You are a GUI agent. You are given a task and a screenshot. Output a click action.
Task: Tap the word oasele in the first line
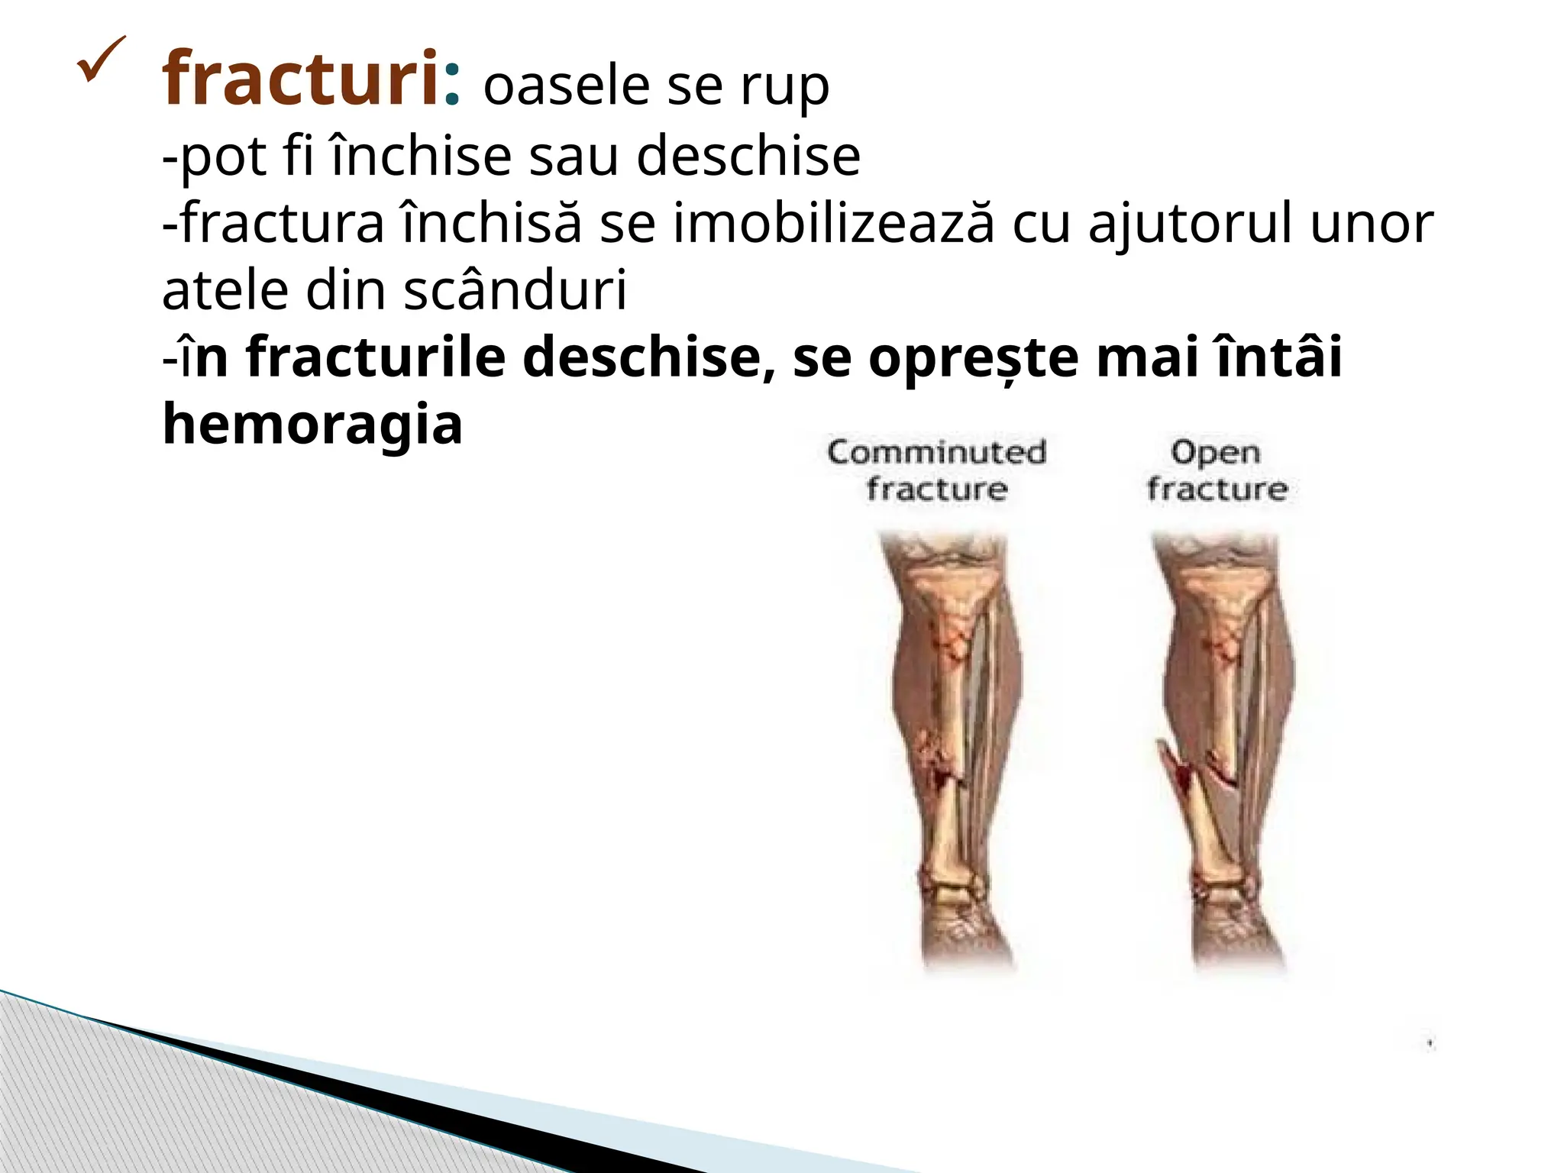tap(566, 86)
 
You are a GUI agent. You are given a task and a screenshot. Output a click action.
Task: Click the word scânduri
tap(515, 291)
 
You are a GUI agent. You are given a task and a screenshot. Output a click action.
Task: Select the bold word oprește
tap(974, 358)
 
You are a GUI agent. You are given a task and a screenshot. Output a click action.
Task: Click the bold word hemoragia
tap(312, 425)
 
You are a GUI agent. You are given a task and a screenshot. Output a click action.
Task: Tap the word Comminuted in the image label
tap(936, 452)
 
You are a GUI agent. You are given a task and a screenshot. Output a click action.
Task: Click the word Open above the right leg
tap(1216, 452)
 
